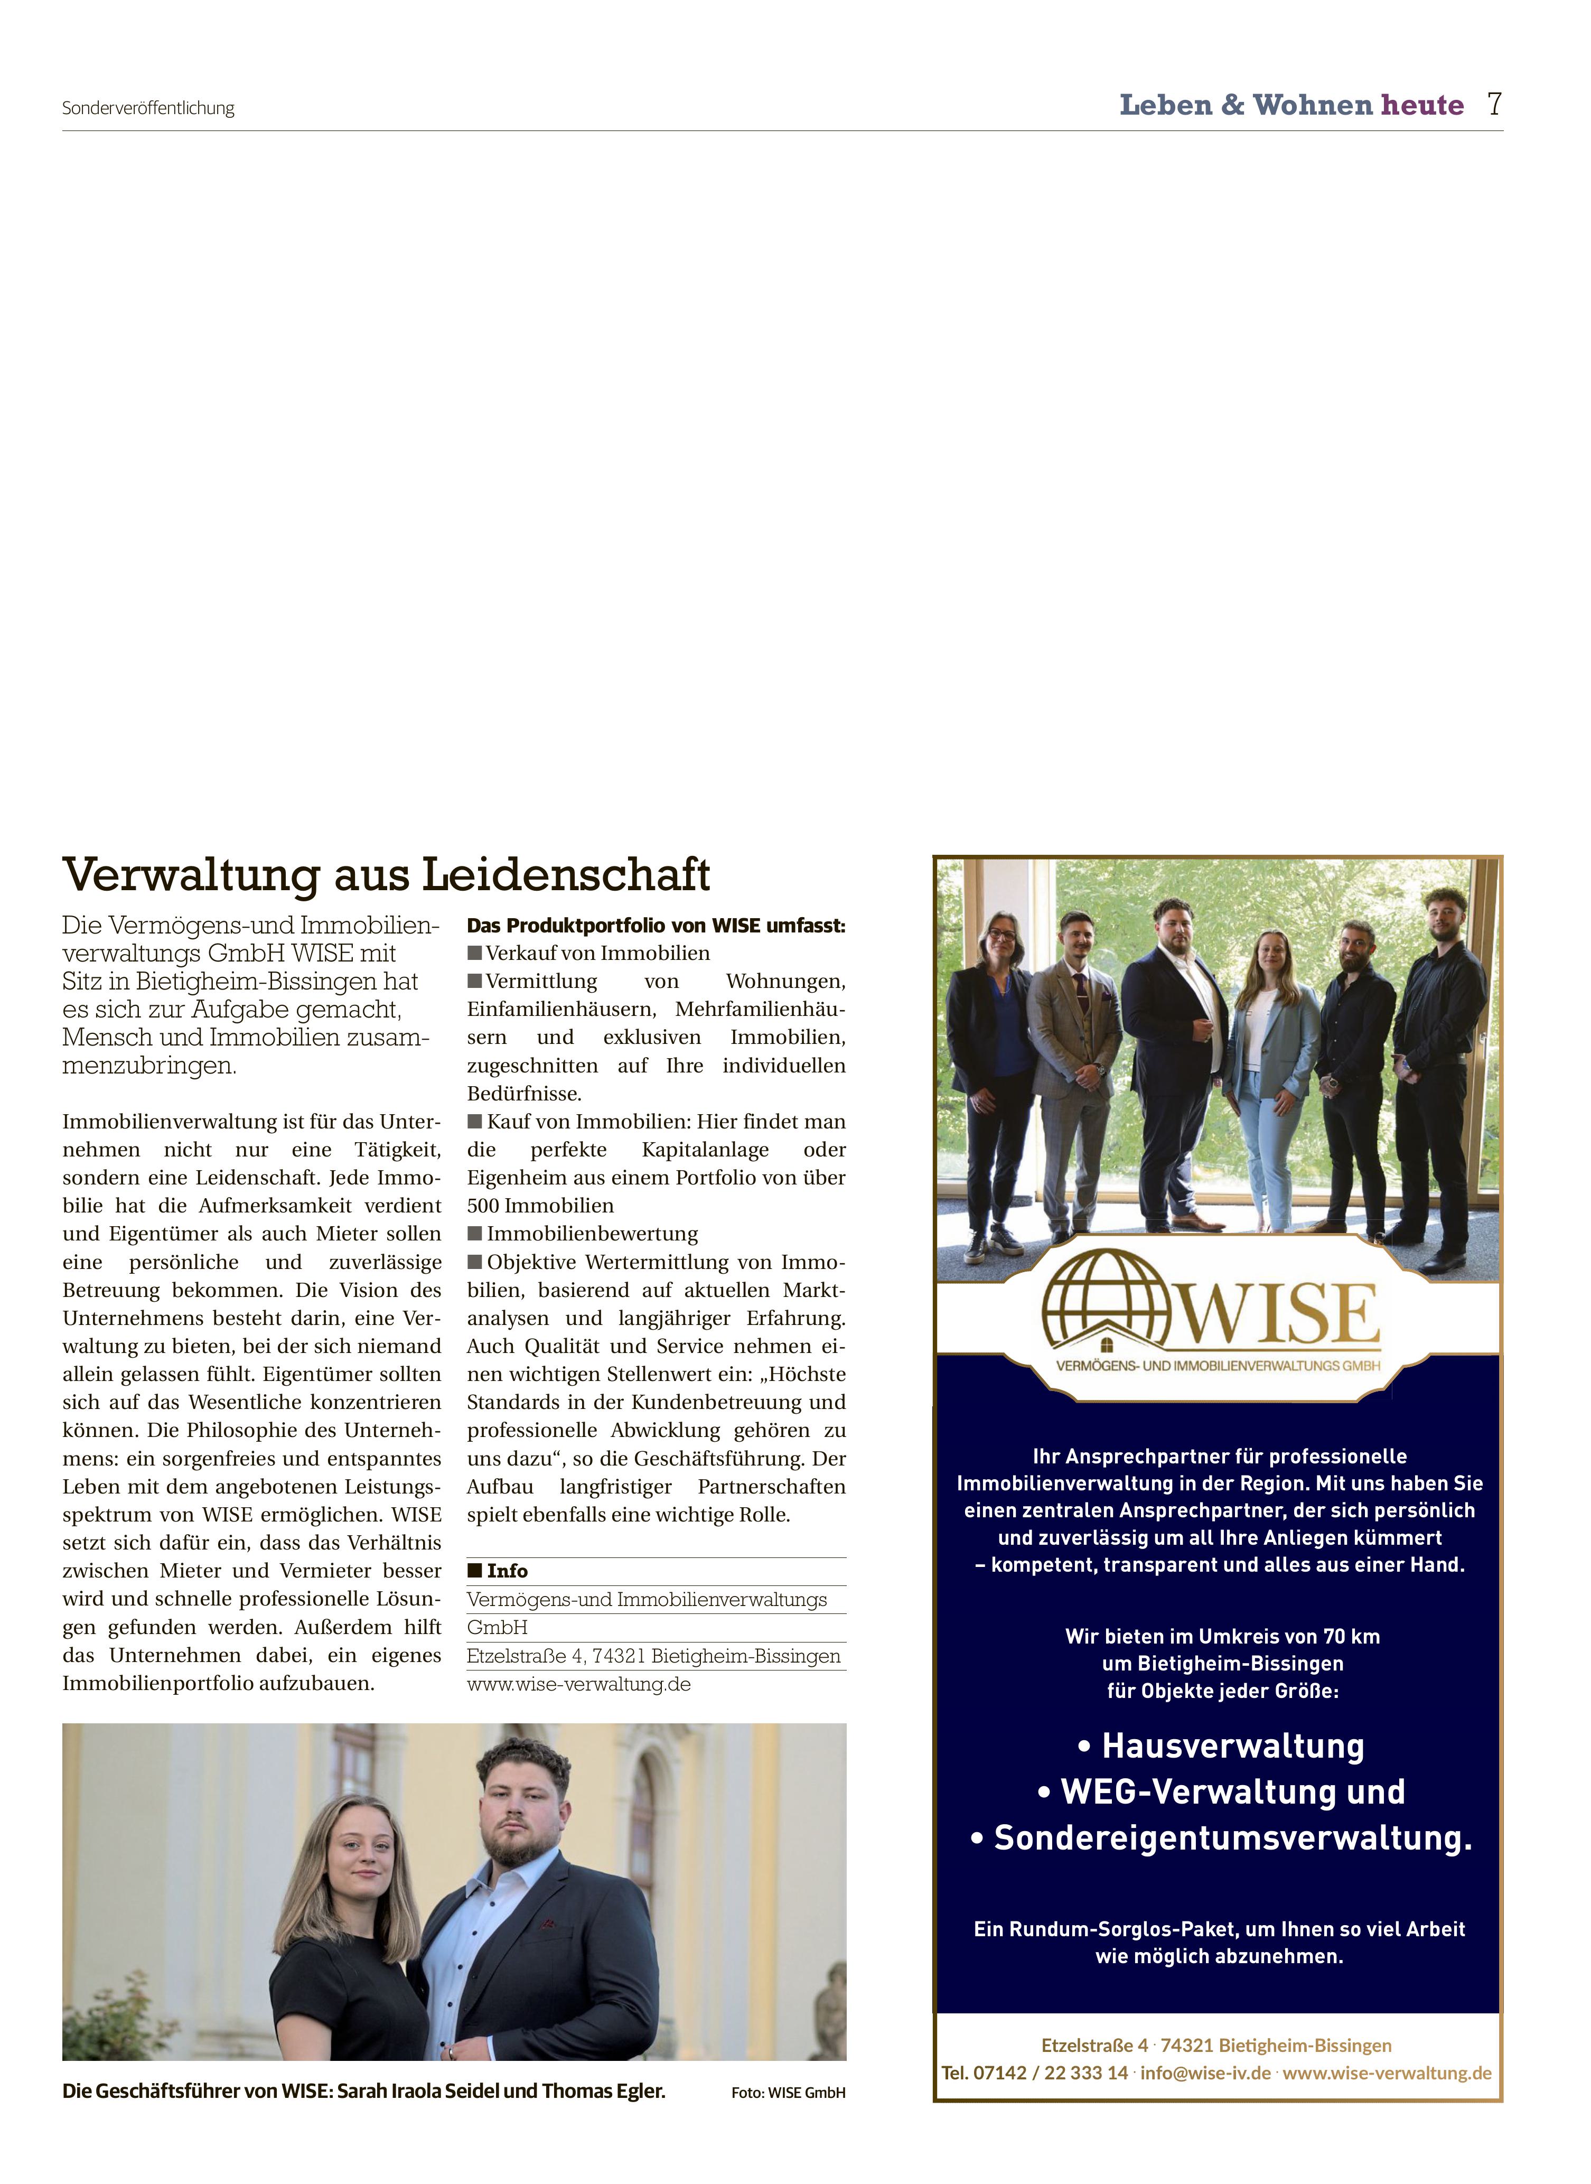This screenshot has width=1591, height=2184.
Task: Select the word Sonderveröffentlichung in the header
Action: (x=148, y=108)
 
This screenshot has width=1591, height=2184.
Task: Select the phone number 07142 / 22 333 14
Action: (x=1050, y=2073)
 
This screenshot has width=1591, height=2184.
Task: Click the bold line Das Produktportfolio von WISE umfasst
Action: (x=656, y=926)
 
